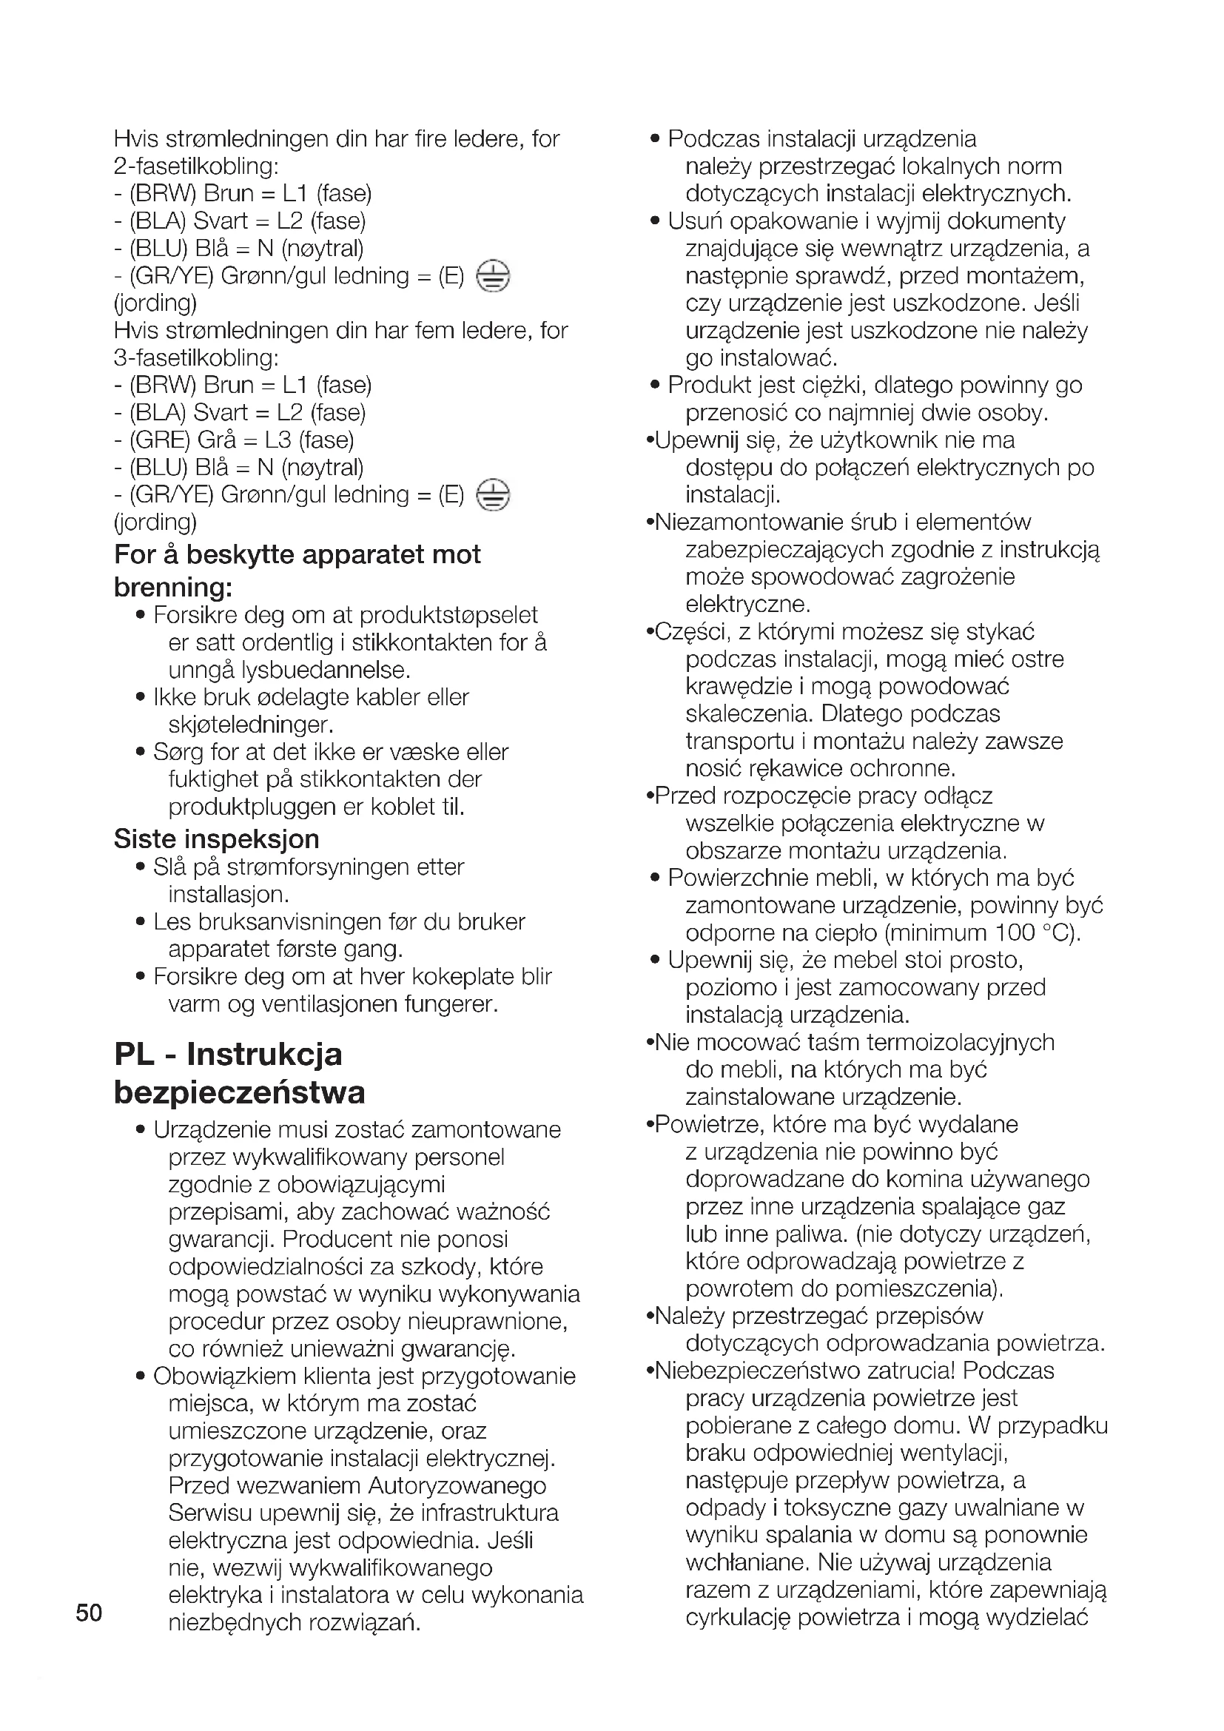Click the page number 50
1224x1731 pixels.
pos(89,1613)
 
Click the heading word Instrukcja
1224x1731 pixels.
pos(263,1054)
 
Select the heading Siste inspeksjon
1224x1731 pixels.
pos(216,838)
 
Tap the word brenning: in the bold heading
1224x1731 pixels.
pos(172,587)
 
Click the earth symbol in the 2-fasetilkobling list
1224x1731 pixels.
pos(493,276)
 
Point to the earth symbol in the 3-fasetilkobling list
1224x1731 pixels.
pos(493,495)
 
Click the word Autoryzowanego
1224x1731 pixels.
pos(457,1485)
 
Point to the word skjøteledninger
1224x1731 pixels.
pos(250,725)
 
